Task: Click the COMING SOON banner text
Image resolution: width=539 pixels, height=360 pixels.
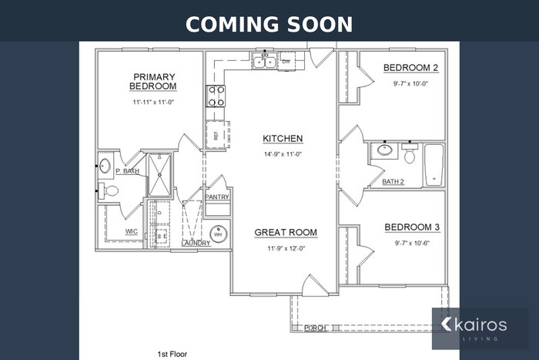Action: (x=269, y=24)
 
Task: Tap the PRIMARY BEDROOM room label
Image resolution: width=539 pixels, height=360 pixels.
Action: (x=154, y=82)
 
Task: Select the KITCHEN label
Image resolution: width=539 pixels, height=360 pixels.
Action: (x=283, y=139)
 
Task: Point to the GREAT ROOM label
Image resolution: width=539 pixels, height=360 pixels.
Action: (x=286, y=232)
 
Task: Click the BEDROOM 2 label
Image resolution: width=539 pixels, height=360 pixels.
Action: (x=410, y=69)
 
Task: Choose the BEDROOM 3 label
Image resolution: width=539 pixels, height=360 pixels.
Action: (x=412, y=227)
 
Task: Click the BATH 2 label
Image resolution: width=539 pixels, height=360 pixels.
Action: (x=393, y=182)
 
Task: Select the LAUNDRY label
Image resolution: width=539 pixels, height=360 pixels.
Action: (x=196, y=244)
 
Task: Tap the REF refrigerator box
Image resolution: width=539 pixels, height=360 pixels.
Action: (x=215, y=134)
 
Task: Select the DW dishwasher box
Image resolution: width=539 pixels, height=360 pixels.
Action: (x=286, y=61)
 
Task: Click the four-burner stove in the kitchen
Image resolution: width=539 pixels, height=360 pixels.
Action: (x=215, y=96)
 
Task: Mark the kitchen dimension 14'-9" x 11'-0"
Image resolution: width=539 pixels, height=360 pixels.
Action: (x=283, y=154)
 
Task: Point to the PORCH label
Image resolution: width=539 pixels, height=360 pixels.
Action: (x=315, y=328)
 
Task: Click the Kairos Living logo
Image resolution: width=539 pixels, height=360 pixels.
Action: (x=479, y=328)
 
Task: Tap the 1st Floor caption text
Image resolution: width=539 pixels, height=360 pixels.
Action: (x=172, y=354)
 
